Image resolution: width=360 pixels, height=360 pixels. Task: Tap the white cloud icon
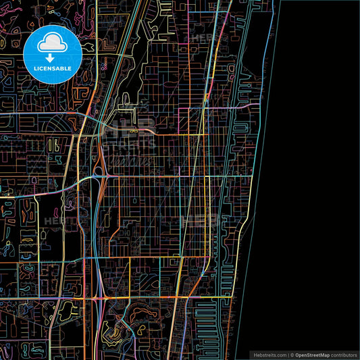pyautogui.click(x=52, y=43)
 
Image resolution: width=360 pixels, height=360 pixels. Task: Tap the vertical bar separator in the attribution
pyautogui.click(x=287, y=354)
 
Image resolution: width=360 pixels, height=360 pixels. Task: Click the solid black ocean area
pyautogui.click(x=317, y=169)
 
